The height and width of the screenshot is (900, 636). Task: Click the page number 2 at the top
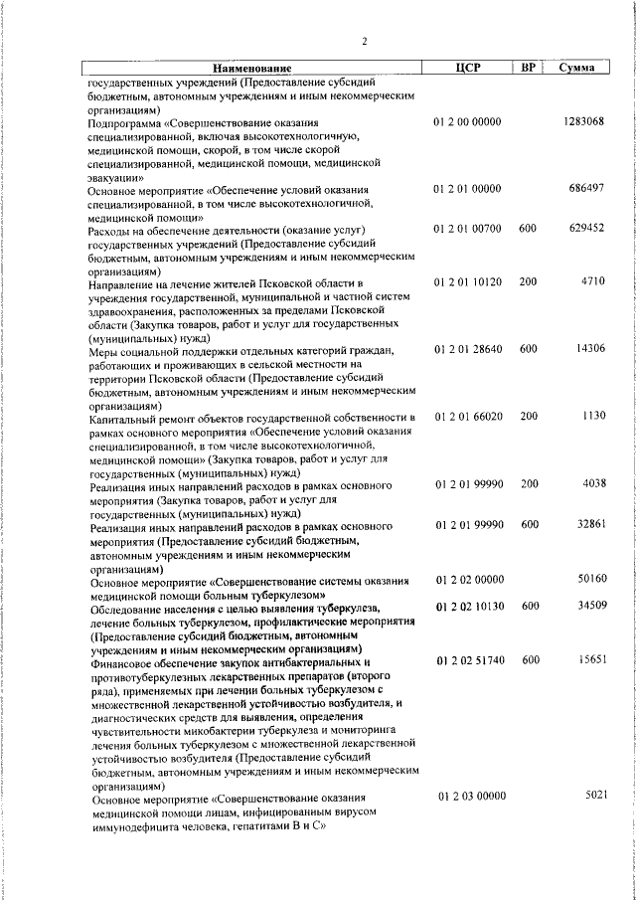365,41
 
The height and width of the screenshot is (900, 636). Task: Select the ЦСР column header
467,68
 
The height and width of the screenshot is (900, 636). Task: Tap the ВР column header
529,68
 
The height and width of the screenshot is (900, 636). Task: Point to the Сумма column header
577,68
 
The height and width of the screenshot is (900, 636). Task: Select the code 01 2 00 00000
467,121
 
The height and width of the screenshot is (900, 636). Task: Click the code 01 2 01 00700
467,228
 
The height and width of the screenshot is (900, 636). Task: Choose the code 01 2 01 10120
467,282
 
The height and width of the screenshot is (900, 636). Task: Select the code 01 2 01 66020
467,416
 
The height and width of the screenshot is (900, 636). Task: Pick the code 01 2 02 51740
467,659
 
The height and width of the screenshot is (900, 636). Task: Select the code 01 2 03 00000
467,796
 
